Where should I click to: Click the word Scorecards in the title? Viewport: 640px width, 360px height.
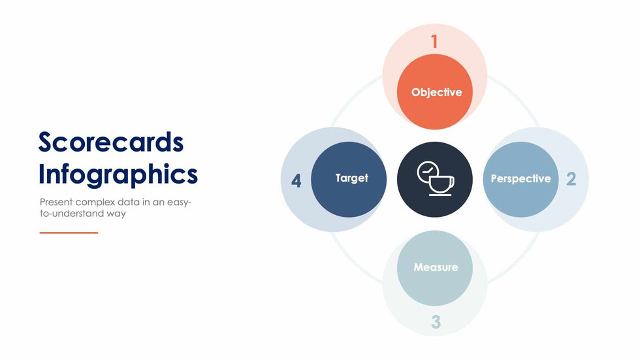coord(111,142)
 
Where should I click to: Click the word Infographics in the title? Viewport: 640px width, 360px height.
coord(118,174)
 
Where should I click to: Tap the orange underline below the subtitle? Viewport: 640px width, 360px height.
coord(69,233)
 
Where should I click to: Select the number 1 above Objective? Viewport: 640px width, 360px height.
coord(434,41)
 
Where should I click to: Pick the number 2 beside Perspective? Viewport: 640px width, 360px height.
coord(571,179)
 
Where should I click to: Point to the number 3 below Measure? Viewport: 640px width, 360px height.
coord(436,322)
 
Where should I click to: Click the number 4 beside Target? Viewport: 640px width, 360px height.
coord(296,180)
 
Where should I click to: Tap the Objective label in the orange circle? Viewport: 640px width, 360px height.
coord(437,93)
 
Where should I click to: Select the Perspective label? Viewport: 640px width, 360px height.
coord(521,179)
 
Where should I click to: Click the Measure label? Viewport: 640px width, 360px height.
coord(436,267)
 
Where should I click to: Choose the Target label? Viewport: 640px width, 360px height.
coord(352,178)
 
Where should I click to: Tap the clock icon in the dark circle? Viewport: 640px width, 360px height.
coord(427,172)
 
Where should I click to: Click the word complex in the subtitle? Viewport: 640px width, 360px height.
coord(95,203)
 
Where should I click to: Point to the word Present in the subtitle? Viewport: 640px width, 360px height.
coord(56,202)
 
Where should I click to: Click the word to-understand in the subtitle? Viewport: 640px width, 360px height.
coord(72,214)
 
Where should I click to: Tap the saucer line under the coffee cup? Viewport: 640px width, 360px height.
coord(440,195)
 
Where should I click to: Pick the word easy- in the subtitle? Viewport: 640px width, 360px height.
coord(179,203)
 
